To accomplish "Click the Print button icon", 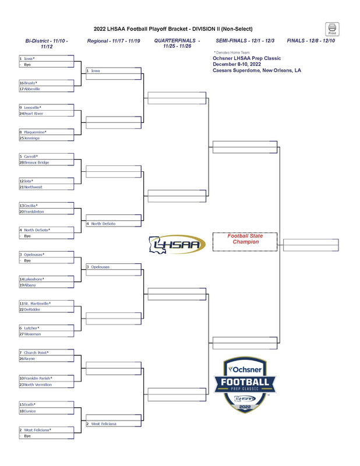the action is click(331, 29).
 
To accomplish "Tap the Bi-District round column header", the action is click(47, 44).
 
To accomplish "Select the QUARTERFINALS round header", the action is click(177, 44).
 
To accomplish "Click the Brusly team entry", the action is click(31, 83).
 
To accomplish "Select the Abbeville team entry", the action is click(32, 89).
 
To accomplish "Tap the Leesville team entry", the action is click(33, 108).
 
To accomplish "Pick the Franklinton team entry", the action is click(34, 211).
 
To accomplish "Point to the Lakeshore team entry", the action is click(34, 279).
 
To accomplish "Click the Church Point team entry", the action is click(36, 352).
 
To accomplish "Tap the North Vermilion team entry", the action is click(38, 384).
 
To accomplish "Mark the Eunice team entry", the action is click(30, 411).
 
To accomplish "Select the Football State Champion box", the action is click(245, 241).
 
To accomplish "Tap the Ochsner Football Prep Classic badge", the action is click(249, 385).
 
